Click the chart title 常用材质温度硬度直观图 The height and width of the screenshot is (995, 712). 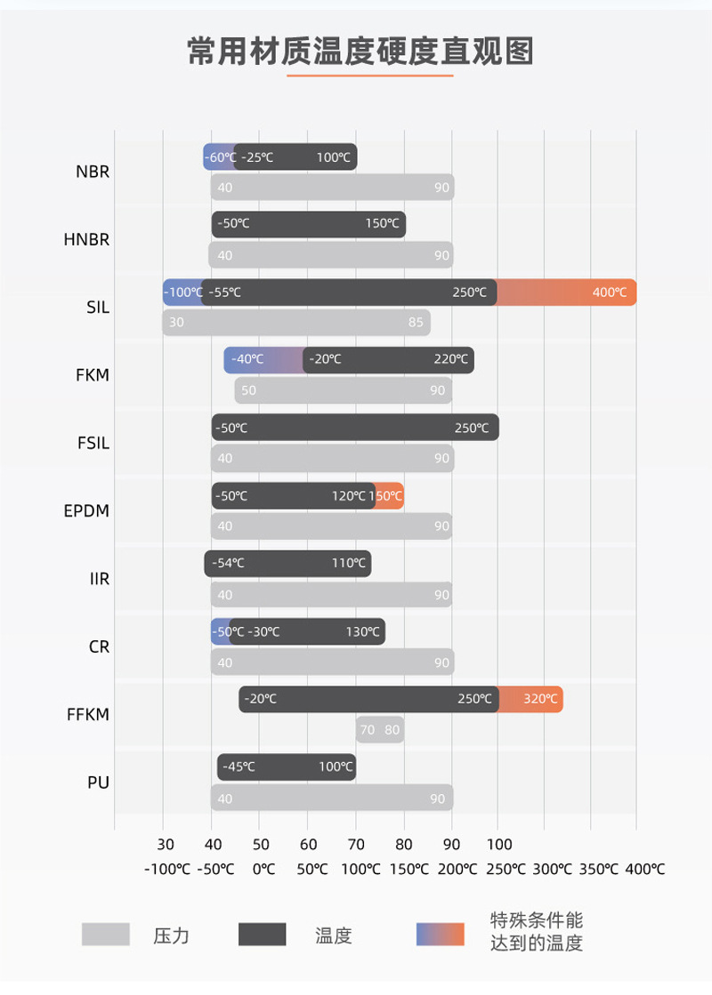360,52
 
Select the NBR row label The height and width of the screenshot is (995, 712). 93,172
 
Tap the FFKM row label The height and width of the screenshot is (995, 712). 88,714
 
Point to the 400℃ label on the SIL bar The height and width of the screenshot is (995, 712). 610,293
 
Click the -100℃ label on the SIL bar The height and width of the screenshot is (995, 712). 183,293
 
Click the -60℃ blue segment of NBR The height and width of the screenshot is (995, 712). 219,157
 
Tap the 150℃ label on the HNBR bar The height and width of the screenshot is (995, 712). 382,224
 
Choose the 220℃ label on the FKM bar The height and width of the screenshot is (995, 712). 450,360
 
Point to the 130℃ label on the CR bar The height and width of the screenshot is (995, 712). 363,632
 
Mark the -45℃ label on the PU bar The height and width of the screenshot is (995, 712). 238,766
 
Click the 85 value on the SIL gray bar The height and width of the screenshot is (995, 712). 416,323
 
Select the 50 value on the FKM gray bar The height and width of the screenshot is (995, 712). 248,390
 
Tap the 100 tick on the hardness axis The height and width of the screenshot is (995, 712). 499,845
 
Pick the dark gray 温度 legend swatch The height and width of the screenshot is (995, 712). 263,935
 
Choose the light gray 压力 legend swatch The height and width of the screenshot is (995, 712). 106,935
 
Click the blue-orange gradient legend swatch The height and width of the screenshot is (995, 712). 441,935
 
